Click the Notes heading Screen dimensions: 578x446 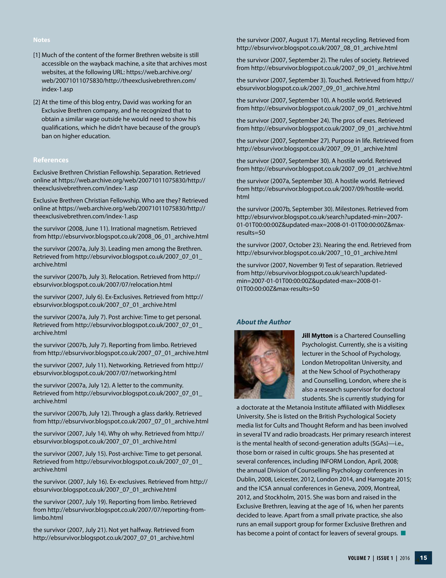pyautogui.click(x=41, y=40)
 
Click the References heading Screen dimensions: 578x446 pyautogui.click(x=51, y=160)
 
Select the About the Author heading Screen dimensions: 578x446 pyautogui.click(x=263, y=322)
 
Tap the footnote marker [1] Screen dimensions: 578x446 pyautogui.click(x=37, y=55)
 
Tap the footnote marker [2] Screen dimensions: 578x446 pyautogui.click(x=37, y=102)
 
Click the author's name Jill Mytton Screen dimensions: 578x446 pyautogui.click(x=317, y=336)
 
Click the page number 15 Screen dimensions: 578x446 pyautogui.click(x=423, y=558)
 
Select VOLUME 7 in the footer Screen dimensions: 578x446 pyautogui.click(x=359, y=558)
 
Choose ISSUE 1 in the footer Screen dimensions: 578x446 pyautogui.click(x=385, y=558)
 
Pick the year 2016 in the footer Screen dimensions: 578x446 pyautogui.click(x=404, y=558)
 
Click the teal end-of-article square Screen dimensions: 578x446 pyautogui.click(x=403, y=533)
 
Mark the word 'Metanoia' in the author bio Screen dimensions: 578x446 pyautogui.click(x=298, y=408)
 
